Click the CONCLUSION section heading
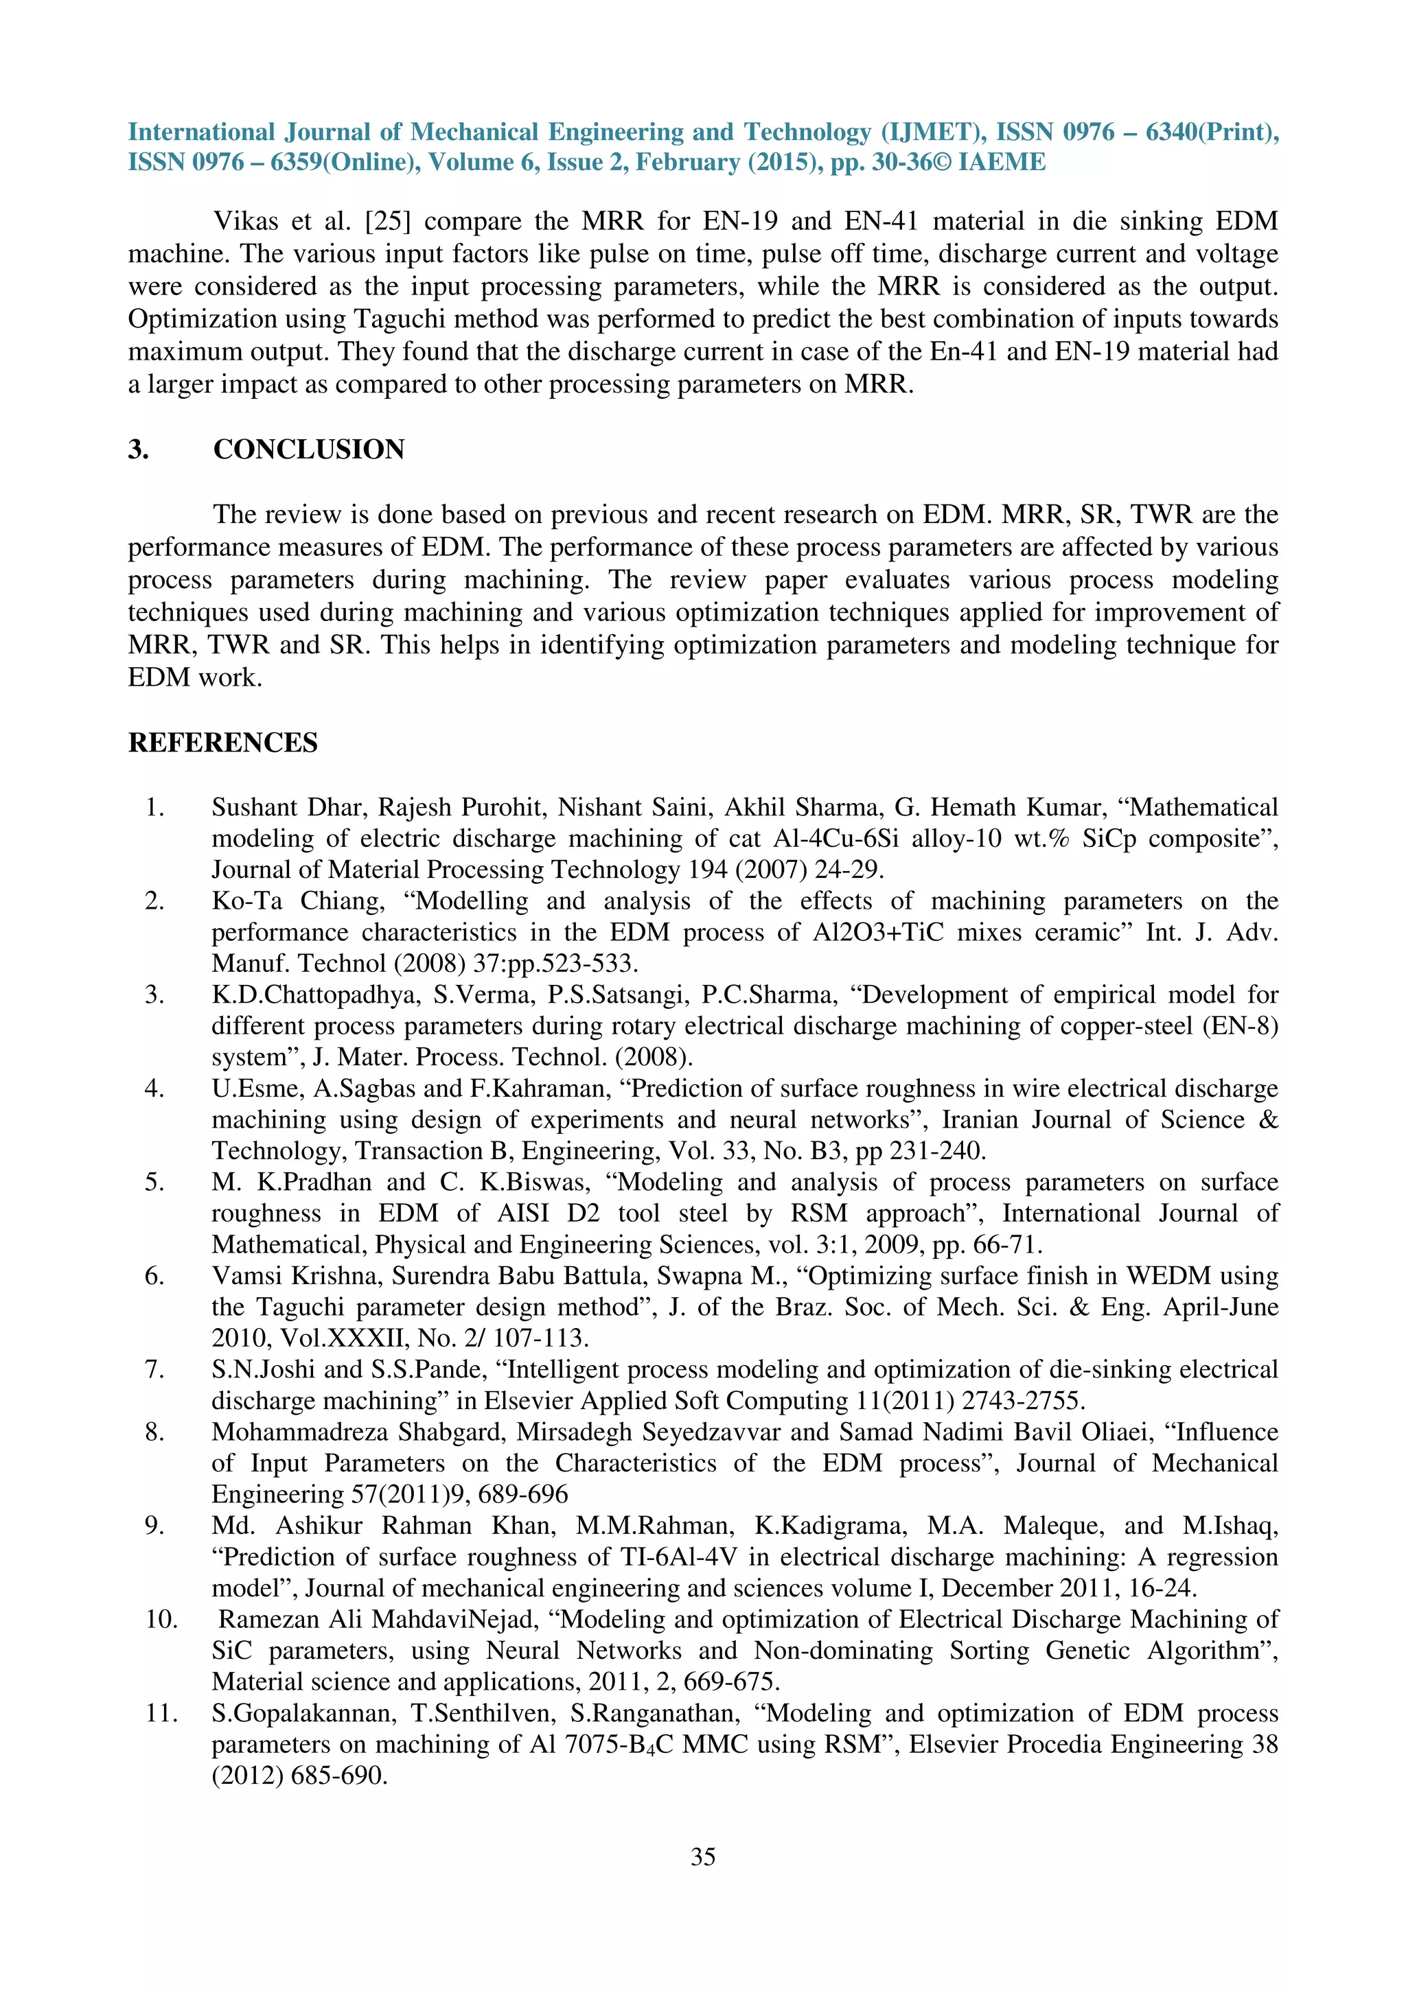308,449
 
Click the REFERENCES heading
222,743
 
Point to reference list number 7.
154,1370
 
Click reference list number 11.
161,1712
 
